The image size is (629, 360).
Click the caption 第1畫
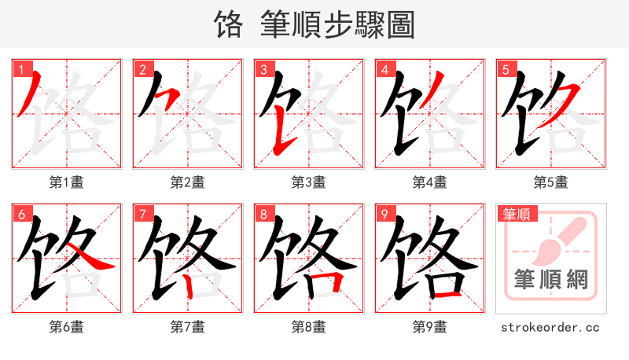coord(67,182)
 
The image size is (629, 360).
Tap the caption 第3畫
coord(309,182)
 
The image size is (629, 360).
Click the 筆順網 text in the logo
coord(551,279)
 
